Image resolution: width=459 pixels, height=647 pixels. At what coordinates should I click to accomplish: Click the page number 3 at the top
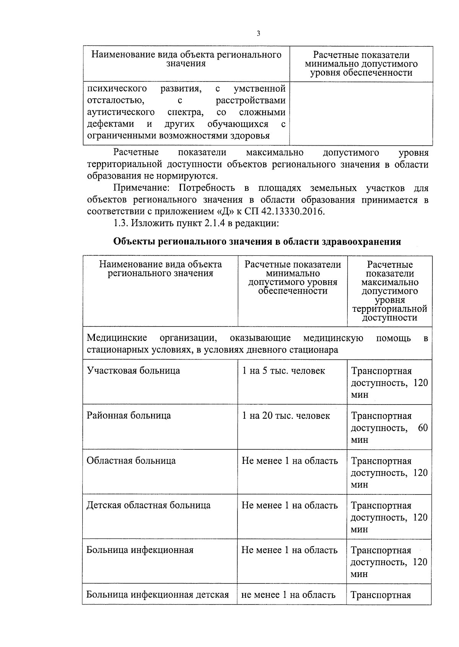(258, 34)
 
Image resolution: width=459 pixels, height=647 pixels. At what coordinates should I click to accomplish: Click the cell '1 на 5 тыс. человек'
(283, 371)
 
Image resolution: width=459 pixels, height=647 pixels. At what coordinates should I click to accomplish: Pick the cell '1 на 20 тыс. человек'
(286, 416)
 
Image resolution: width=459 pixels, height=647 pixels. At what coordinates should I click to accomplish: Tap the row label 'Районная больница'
(129, 416)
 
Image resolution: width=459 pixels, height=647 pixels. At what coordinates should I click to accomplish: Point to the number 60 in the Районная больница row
(423, 428)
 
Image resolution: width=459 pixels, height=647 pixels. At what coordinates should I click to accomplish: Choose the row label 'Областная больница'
(131, 460)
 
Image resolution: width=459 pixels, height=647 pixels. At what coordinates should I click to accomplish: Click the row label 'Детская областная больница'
(148, 505)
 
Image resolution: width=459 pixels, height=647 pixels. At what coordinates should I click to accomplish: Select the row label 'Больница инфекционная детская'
(158, 595)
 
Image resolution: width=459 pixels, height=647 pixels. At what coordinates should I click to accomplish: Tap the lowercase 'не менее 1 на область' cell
(288, 595)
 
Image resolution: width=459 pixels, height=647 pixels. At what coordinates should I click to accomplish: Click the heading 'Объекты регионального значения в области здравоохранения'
(257, 242)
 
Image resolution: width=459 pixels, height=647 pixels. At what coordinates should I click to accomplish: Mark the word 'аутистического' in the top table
(121, 112)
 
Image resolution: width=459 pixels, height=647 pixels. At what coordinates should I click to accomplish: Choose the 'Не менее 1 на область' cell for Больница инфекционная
(290, 550)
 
